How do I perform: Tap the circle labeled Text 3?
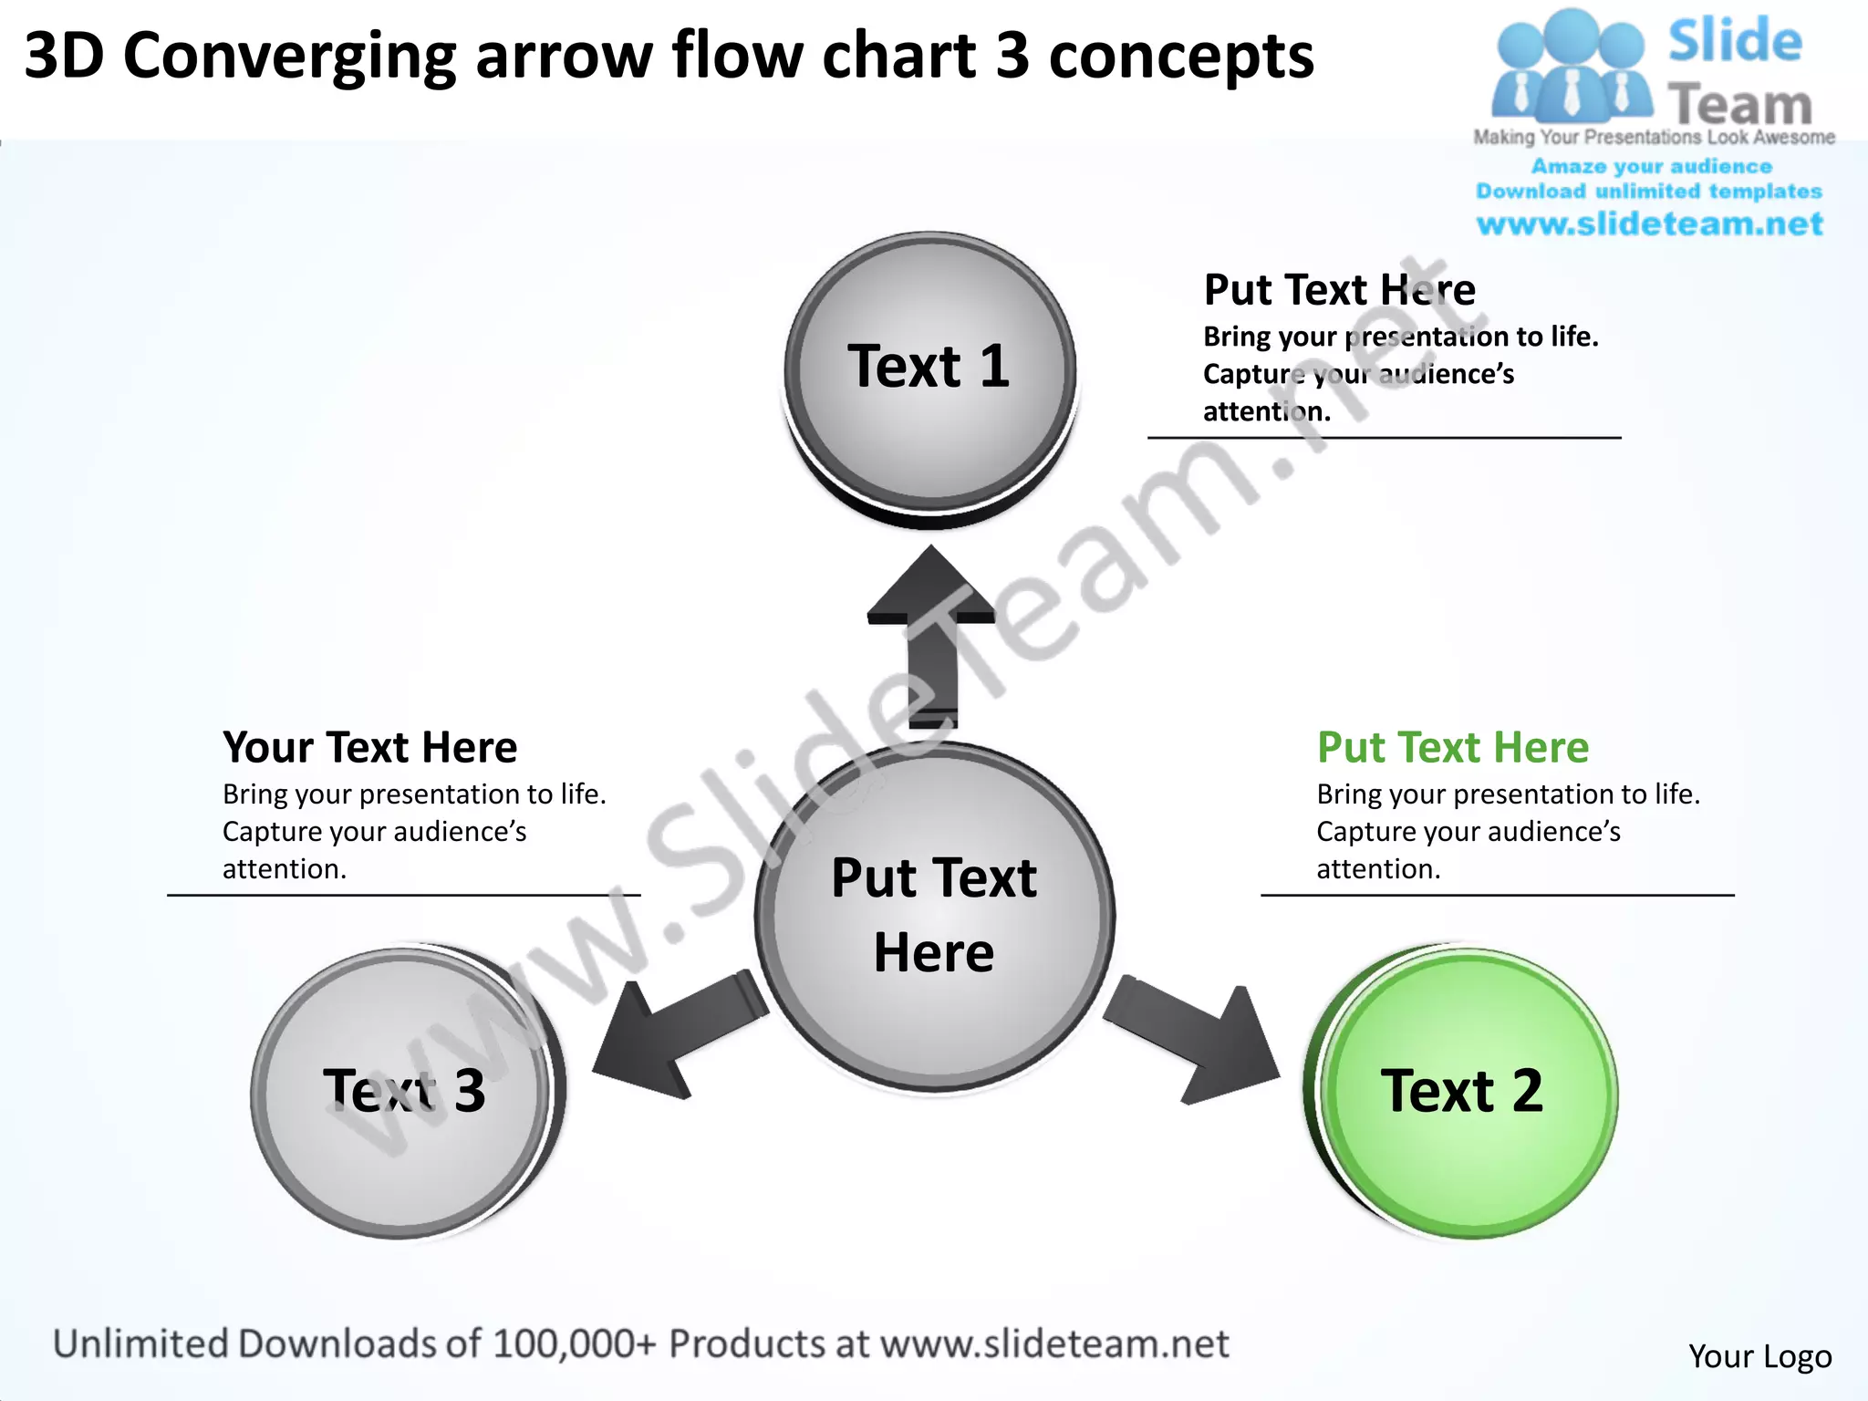tap(403, 1092)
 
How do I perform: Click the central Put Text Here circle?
tap(934, 916)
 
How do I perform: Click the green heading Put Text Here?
tap(1452, 748)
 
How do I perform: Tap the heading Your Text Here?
tap(369, 748)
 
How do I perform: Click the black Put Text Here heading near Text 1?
tap(1339, 290)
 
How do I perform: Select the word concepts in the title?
tap(1180, 57)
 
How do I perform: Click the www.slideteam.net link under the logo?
tap(1649, 224)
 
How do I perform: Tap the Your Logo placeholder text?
tap(1759, 1356)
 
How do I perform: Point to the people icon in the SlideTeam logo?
tap(1571, 68)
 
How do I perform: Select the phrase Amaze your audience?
tap(1651, 167)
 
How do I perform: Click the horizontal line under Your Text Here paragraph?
tap(403, 896)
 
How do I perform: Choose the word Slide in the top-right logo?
tap(1735, 42)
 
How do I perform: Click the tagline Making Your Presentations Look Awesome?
tap(1654, 138)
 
